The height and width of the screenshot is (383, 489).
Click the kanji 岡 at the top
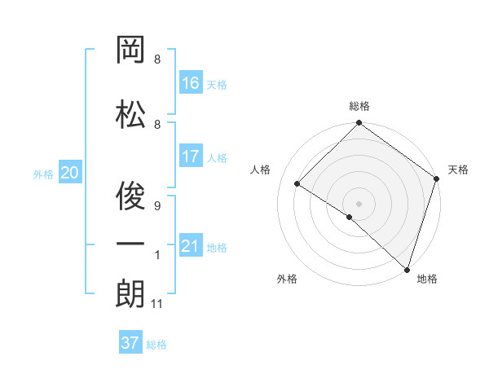coord(130,51)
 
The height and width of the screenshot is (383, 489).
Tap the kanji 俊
coord(130,194)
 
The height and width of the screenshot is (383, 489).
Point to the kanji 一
coord(130,244)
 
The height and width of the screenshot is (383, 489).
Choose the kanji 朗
coord(130,293)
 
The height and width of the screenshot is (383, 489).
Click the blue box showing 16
coord(191,82)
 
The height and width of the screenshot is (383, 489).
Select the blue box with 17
coord(191,156)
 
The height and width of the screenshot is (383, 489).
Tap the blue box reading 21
coord(191,245)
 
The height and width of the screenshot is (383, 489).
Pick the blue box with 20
coord(70,173)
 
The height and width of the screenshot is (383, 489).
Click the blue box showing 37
coord(130,343)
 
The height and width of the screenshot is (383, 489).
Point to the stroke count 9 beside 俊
coord(157,206)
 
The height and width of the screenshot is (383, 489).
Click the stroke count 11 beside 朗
coord(157,305)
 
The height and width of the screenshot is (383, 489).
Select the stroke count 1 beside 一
coord(157,256)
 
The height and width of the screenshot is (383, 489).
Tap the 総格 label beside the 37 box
coord(156,345)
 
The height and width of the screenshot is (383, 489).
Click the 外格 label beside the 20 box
coord(43,174)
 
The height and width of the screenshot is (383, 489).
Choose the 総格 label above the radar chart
coord(359,106)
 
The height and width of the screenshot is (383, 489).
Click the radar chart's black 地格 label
coord(427,279)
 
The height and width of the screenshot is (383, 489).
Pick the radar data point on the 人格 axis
coord(297,184)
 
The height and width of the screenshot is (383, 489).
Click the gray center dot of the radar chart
coord(359,203)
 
